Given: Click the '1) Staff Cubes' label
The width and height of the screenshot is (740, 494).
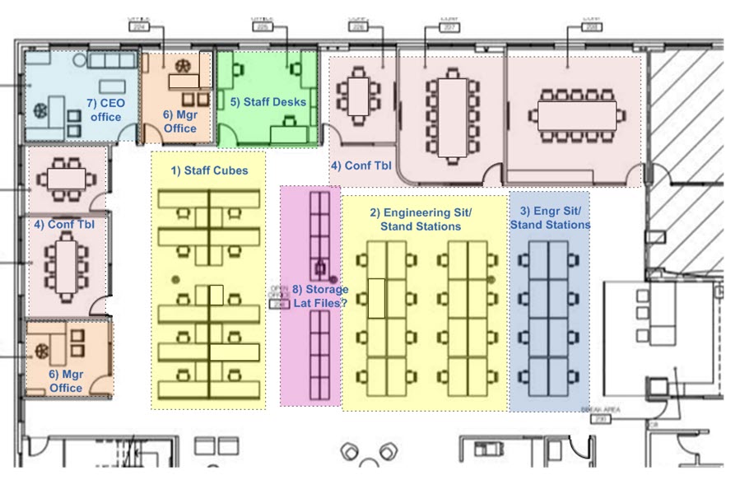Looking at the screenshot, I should pyautogui.click(x=209, y=171).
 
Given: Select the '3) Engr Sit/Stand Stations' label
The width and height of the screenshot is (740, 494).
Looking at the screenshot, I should pyautogui.click(x=550, y=218).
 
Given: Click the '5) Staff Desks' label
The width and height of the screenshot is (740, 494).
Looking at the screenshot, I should pyautogui.click(x=268, y=102).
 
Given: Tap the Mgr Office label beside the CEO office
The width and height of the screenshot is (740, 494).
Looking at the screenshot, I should pyautogui.click(x=179, y=122).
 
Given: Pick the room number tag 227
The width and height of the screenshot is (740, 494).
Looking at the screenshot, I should pyautogui.click(x=450, y=26).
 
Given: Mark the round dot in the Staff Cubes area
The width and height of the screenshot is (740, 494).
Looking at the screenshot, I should pyautogui.click(x=175, y=280).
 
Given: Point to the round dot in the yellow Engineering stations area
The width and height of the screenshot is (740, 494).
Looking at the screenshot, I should pyautogui.click(x=491, y=280).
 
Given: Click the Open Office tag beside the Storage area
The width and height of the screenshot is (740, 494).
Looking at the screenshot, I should pyautogui.click(x=278, y=298).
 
